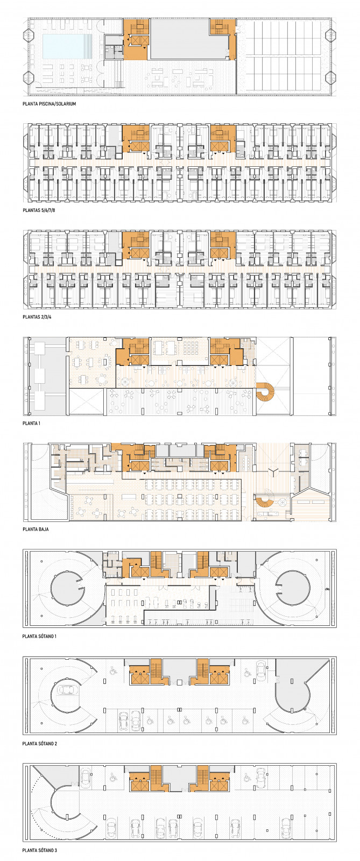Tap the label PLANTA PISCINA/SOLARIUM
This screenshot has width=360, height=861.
pyautogui.click(x=49, y=104)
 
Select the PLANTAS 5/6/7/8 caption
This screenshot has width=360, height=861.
pyautogui.click(x=39, y=210)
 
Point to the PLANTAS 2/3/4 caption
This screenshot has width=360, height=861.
pyautogui.click(x=37, y=317)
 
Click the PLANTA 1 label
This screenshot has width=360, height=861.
pyautogui.click(x=32, y=423)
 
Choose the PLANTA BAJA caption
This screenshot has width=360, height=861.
pyautogui.click(x=36, y=530)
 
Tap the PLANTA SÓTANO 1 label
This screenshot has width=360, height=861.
pyautogui.click(x=39, y=636)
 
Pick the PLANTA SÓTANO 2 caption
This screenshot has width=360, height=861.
pyautogui.click(x=40, y=743)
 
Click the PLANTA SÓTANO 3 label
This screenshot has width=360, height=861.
pyautogui.click(x=40, y=850)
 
